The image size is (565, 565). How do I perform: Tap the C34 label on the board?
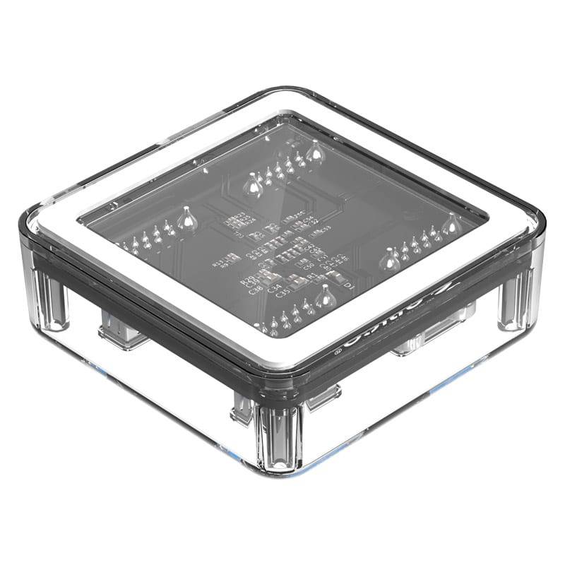point(276,287)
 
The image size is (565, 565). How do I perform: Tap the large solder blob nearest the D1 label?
point(324,297)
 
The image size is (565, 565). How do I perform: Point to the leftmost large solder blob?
point(186,219)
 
